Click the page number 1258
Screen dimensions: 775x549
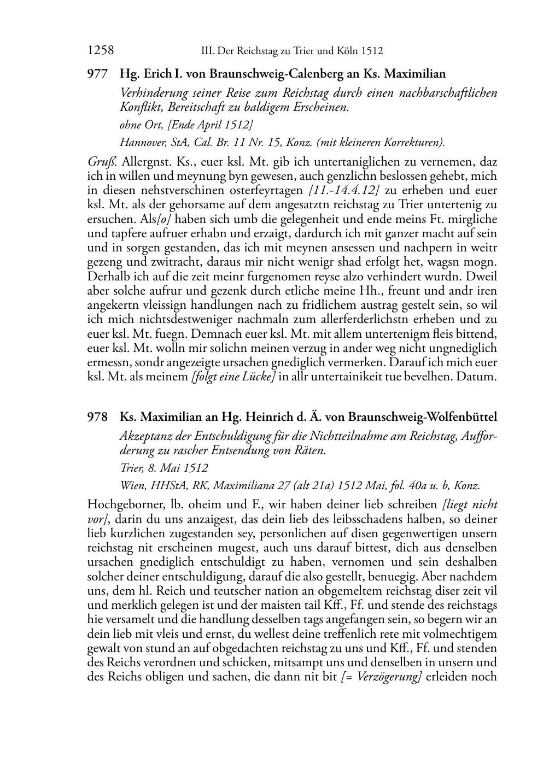tap(100, 51)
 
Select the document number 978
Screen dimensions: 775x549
tap(97, 417)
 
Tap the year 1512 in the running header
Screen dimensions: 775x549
tap(372, 51)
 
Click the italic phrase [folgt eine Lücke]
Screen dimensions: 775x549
tap(233, 377)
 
